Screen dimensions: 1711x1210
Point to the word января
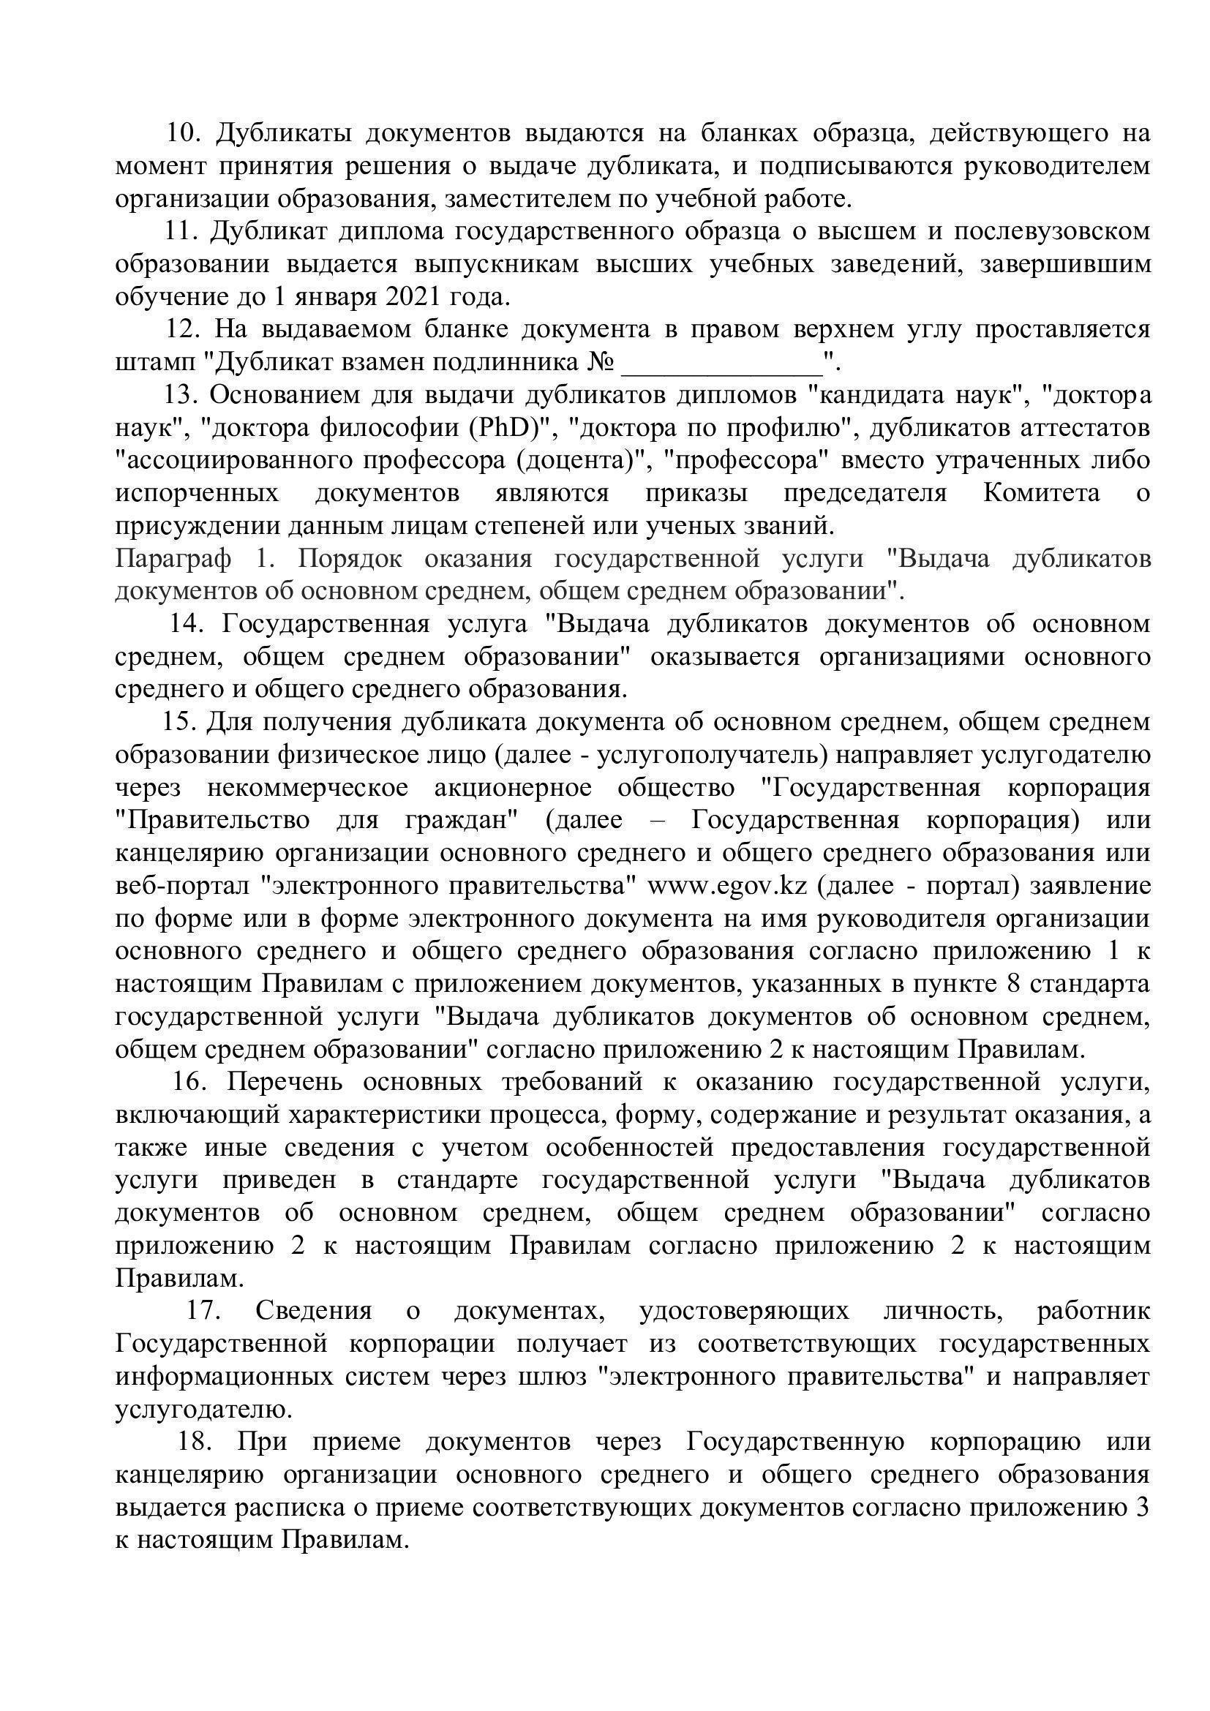click(335, 297)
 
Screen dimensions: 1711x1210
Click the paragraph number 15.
click(177, 722)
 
